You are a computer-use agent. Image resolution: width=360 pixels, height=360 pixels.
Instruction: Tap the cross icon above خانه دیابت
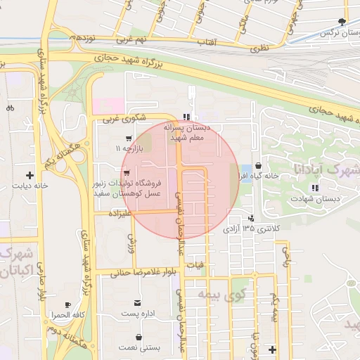coord(30,174)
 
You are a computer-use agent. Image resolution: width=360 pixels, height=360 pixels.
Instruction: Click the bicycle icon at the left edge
coord(10,108)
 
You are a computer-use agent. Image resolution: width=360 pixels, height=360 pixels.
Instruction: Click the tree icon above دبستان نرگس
coord(342,22)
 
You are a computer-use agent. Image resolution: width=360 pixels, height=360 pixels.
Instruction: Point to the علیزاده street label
coord(120,212)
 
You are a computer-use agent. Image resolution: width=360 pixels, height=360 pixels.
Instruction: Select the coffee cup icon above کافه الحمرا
coord(67,304)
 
